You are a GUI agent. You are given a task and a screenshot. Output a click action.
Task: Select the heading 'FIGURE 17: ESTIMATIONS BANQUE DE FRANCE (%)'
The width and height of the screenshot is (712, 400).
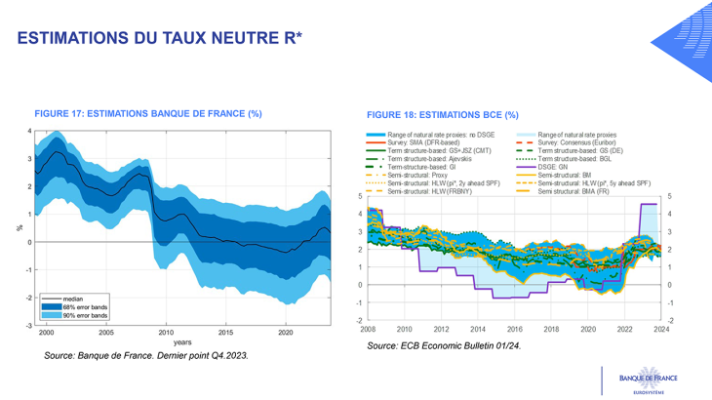tap(147, 114)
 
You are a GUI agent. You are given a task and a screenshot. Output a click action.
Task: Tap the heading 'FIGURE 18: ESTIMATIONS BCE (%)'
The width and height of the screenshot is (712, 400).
tap(442, 115)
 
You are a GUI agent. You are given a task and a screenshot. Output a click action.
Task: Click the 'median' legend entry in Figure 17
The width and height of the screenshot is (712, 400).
tap(72, 300)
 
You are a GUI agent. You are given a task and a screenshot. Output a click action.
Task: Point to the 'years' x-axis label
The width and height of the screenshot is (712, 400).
tap(182, 342)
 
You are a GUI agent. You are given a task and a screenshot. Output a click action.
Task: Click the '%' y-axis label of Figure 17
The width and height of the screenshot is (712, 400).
tap(20, 228)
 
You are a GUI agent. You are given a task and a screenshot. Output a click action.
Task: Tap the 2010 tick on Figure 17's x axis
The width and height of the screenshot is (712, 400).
tap(166, 333)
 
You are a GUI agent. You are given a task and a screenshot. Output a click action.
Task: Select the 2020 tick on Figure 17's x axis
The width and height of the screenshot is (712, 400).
tap(286, 333)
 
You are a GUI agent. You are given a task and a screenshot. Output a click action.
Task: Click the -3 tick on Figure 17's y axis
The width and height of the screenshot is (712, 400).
tap(30, 325)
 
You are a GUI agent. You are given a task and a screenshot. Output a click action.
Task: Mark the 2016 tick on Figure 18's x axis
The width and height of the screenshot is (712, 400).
tap(514, 330)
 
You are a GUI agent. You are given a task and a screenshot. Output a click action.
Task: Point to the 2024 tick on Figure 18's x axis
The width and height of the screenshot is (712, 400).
tap(660, 330)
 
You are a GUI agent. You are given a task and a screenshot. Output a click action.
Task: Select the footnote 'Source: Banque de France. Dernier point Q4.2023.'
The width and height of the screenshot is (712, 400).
tap(146, 356)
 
